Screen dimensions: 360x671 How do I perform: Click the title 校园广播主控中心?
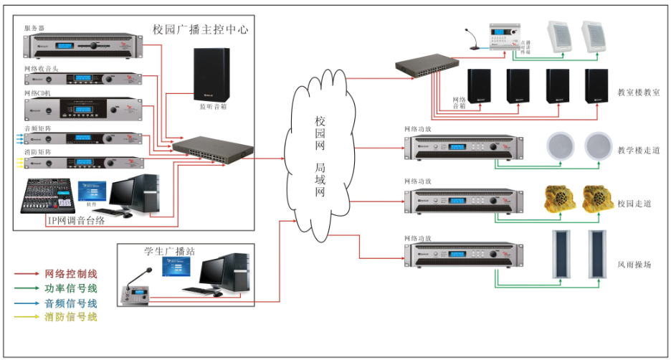[200, 29]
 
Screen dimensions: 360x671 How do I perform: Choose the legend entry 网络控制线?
[70, 274]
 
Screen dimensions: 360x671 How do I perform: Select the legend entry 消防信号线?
[70, 317]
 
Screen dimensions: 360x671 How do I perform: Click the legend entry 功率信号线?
[70, 288]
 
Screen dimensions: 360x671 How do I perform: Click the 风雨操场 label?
[634, 265]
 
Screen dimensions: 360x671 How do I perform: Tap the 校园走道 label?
[634, 204]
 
